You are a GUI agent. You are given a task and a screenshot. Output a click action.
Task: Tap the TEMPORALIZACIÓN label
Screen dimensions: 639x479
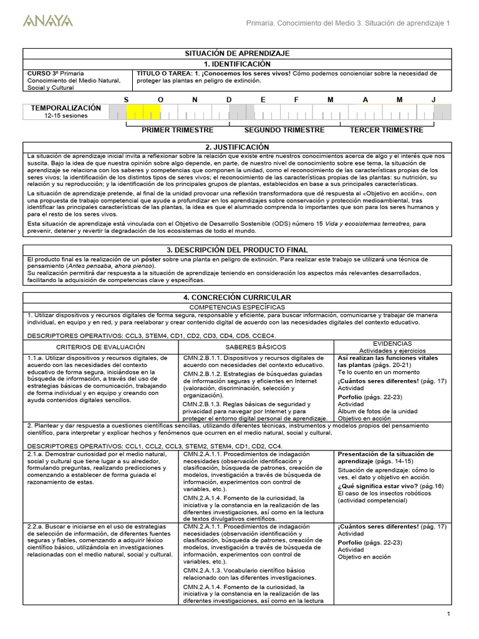tap(65, 108)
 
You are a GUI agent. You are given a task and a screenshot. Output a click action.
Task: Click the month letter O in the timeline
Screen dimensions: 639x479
tap(160, 100)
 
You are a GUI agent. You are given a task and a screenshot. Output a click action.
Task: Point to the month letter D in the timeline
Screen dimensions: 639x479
tap(229, 100)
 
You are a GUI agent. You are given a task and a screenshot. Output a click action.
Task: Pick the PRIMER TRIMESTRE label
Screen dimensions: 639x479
tap(177, 130)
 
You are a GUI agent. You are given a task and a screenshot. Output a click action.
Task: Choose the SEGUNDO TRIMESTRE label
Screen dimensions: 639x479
tap(284, 130)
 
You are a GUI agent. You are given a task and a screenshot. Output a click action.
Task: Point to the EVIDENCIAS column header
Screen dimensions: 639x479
tap(392, 343)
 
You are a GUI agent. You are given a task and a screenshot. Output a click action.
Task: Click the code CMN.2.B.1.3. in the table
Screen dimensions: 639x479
tap(204, 404)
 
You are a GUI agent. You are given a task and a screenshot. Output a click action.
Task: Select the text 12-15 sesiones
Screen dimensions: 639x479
tap(65, 115)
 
